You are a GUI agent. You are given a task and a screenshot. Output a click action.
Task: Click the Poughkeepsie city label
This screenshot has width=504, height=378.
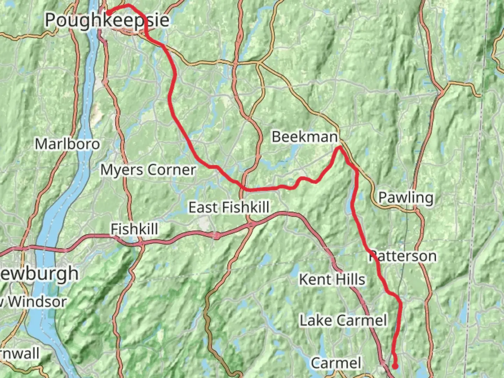pos(107,20)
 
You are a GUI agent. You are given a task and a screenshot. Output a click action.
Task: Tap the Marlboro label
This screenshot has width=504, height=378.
pos(67,144)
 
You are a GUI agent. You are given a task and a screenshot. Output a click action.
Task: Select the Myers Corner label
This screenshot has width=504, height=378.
pos(148,170)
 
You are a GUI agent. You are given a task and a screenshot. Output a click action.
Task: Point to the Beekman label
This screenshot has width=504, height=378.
pos(304,136)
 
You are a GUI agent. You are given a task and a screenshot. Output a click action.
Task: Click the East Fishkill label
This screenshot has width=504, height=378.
pos(229,207)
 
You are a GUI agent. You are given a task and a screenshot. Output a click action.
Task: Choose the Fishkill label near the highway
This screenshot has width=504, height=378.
pos(134,229)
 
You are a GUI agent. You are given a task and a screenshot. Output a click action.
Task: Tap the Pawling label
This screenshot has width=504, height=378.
pos(406,197)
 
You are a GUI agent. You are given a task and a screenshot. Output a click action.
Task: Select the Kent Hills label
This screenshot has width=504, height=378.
pos(332,279)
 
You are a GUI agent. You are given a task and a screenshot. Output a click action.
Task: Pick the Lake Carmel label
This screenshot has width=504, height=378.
pos(343,320)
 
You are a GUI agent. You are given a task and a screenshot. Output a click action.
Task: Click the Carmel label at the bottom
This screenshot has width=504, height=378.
pos(336,363)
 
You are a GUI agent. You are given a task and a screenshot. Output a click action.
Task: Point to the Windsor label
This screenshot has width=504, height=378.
pos(37,302)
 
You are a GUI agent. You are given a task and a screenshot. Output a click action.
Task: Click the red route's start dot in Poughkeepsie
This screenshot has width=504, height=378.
pos(109,13)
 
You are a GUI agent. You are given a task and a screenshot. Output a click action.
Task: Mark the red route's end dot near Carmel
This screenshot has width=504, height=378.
pos(395,366)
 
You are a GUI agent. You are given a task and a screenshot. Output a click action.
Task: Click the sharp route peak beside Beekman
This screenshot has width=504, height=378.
pos(339,148)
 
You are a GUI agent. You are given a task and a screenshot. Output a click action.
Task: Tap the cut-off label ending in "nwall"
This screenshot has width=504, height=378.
pos(20,353)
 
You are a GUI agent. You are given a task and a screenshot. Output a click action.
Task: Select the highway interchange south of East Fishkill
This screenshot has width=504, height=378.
pos(251,225)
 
